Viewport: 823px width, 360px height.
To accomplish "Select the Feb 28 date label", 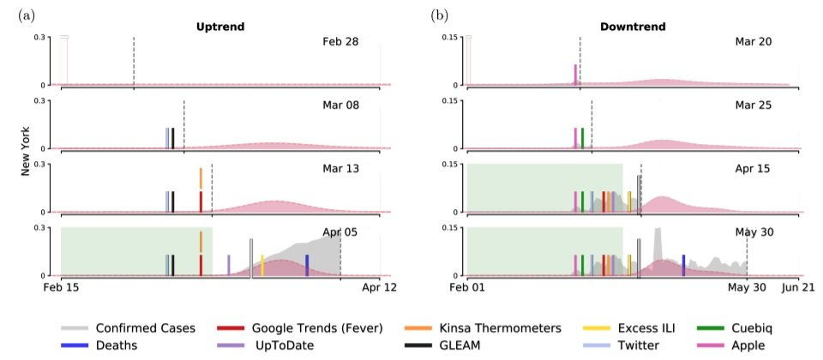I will [341, 41].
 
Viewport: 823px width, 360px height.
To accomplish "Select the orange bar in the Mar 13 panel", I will [201, 178].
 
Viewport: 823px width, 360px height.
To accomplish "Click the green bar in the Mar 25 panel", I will [582, 138].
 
